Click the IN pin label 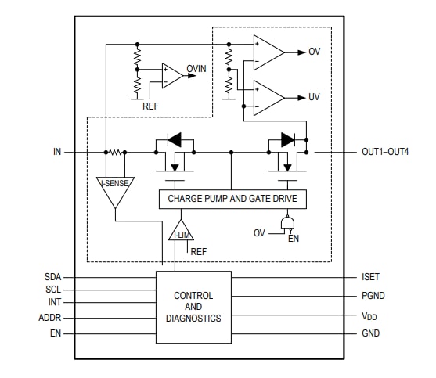[56, 152]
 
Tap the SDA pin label [53, 277]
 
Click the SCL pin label [53, 290]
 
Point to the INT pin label [54, 302]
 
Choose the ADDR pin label [50, 319]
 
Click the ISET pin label [370, 277]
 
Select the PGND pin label [373, 296]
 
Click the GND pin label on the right [371, 334]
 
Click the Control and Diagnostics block [193, 308]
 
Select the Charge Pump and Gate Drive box [232, 199]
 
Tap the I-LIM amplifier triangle [181, 232]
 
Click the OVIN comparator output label [196, 69]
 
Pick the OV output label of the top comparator [314, 52]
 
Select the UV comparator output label [314, 98]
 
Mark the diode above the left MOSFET [175, 140]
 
